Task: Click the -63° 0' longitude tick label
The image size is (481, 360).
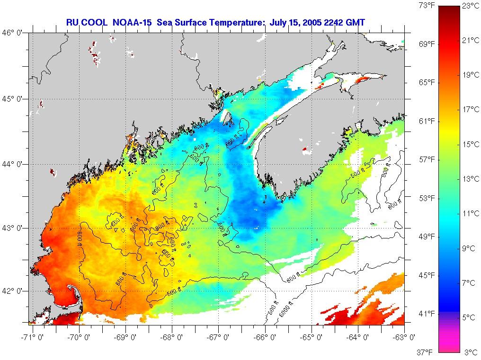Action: tap(406, 337)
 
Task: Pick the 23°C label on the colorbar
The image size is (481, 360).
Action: tap(471, 6)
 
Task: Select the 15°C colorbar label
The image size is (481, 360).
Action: tap(471, 144)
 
